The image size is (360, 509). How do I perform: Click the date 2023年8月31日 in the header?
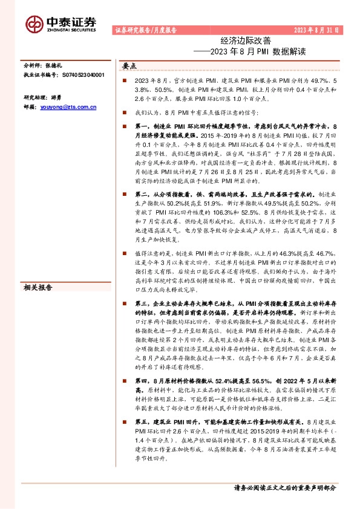(316, 30)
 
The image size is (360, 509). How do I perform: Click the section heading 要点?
(129, 66)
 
